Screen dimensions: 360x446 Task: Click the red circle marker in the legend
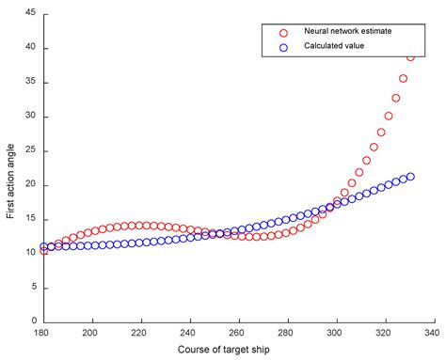[x=282, y=32]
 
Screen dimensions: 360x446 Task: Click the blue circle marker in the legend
[x=282, y=45]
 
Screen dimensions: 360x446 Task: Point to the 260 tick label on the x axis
[x=238, y=333]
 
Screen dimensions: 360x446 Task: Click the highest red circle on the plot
[x=410, y=56]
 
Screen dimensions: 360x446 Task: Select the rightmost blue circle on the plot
[x=409, y=177]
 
